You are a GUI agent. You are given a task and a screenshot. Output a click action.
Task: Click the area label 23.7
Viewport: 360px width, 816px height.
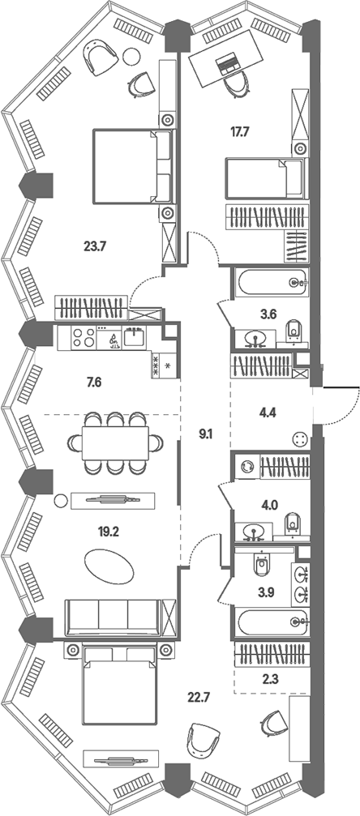[x=95, y=245]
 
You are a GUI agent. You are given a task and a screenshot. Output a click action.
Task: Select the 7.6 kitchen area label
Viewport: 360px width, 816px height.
[x=94, y=383]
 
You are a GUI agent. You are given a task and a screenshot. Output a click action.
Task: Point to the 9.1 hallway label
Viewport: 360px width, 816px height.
[x=206, y=431]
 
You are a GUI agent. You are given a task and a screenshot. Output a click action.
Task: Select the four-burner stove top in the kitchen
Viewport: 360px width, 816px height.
[x=84, y=338]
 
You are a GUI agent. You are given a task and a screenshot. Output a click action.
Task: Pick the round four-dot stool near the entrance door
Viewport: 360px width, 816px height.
[x=301, y=440]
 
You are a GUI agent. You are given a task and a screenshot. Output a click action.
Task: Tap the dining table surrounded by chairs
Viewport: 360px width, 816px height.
[x=115, y=443]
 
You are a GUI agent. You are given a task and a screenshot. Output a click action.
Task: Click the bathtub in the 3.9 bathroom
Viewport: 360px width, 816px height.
[x=272, y=622]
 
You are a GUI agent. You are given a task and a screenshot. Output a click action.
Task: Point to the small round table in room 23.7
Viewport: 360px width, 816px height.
[x=131, y=54]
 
